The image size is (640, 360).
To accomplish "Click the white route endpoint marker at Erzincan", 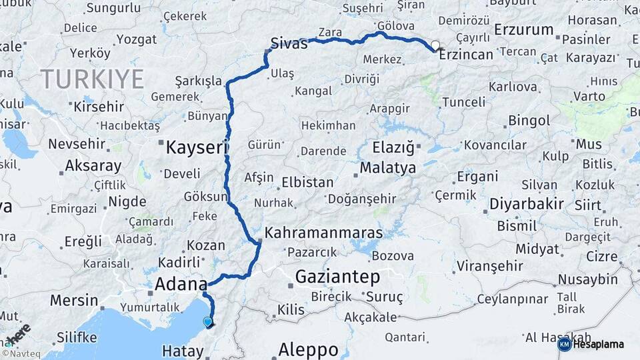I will (x=435, y=46).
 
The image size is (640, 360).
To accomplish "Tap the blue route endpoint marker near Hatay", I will (x=208, y=321).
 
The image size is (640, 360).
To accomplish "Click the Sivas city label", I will (x=289, y=44).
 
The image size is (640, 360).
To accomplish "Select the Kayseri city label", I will (x=197, y=147).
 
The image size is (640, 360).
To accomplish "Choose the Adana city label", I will (x=181, y=285).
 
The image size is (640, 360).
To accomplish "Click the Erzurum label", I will (x=525, y=30).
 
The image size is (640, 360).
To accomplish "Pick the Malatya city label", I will (x=388, y=167).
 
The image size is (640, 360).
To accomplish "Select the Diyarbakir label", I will (x=527, y=203).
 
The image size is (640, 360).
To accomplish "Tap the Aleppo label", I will (x=308, y=349).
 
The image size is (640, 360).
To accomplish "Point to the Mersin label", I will (x=74, y=300).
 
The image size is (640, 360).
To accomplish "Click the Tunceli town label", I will (x=464, y=102).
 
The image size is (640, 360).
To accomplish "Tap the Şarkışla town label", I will (x=198, y=81).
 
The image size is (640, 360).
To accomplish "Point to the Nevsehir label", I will (x=77, y=143).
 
